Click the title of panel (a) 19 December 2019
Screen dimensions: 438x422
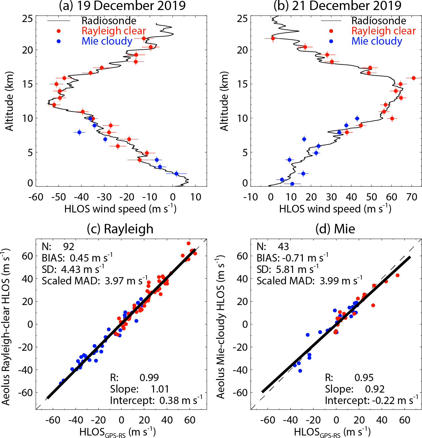(122, 6)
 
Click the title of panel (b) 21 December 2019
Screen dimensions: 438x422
(337, 6)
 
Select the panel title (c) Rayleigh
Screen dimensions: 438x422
(120, 229)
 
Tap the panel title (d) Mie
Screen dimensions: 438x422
(335, 229)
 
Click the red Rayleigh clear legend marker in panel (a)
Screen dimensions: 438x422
(59, 31)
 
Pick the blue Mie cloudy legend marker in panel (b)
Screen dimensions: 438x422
(331, 41)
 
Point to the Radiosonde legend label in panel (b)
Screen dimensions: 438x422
(379, 21)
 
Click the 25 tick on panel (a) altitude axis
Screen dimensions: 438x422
(28, 19)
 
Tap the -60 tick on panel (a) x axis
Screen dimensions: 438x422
(36, 197)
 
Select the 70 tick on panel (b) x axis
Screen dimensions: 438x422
(412, 197)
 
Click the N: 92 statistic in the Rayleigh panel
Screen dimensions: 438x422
(58, 247)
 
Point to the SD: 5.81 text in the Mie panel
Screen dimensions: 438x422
(287, 269)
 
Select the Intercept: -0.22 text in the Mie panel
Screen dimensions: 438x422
(371, 400)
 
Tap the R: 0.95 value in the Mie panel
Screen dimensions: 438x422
(349, 377)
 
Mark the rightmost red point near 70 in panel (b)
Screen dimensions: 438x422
(414, 78)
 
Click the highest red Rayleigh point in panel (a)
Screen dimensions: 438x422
(144, 38)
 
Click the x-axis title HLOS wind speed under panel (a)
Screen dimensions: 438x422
(120, 209)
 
